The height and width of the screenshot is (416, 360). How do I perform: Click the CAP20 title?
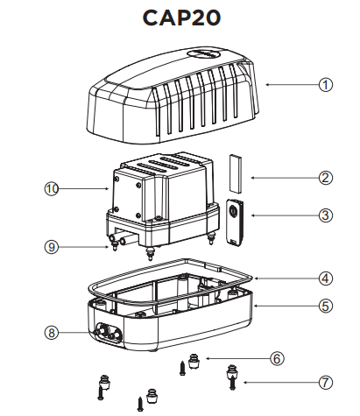point(181,18)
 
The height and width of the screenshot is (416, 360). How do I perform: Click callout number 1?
point(326,85)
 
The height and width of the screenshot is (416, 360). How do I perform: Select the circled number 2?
point(326,178)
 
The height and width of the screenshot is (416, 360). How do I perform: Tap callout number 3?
point(326,215)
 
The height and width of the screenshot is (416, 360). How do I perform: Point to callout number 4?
point(326,279)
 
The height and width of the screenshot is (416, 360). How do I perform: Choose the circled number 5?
point(326,307)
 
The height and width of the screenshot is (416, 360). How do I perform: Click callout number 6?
point(277,358)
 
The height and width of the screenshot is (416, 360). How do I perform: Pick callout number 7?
point(326,383)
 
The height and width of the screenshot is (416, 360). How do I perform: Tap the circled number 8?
point(52,333)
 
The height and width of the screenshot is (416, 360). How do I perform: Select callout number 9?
point(52,247)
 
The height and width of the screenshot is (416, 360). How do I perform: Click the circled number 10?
point(52,189)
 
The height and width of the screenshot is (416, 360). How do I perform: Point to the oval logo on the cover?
point(203,54)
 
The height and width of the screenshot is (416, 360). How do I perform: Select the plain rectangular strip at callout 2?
point(236,173)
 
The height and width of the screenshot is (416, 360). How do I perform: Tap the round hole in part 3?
point(233,210)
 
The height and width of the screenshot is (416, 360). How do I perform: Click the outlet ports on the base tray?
point(107,333)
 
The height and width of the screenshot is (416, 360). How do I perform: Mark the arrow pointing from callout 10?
point(83,189)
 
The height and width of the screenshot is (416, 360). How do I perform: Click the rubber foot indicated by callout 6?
point(194,361)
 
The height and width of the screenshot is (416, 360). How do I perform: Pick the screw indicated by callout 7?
point(232,383)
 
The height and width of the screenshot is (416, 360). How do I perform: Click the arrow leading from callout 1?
point(292,85)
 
